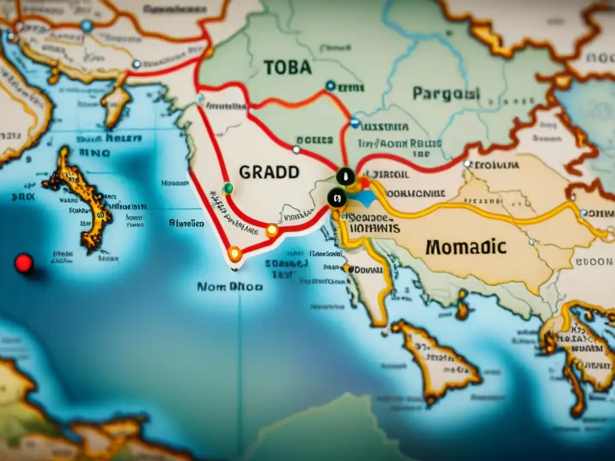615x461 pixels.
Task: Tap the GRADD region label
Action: tap(269, 172)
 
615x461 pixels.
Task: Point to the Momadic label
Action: tap(465, 246)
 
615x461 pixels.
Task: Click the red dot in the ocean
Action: tap(23, 263)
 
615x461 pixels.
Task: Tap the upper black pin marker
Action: tap(345, 176)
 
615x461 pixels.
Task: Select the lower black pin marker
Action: tap(336, 197)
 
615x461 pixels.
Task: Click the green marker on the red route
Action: tap(228, 188)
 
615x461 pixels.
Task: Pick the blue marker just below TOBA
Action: tap(330, 86)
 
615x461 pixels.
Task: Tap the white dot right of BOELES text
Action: tap(296, 149)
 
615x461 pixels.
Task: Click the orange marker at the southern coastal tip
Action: tap(235, 255)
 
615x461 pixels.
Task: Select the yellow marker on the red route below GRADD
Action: tap(272, 230)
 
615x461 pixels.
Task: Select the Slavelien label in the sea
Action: tap(186, 223)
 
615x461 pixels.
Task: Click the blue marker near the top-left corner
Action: tap(86, 26)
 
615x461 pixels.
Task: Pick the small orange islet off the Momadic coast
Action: tap(462, 305)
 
